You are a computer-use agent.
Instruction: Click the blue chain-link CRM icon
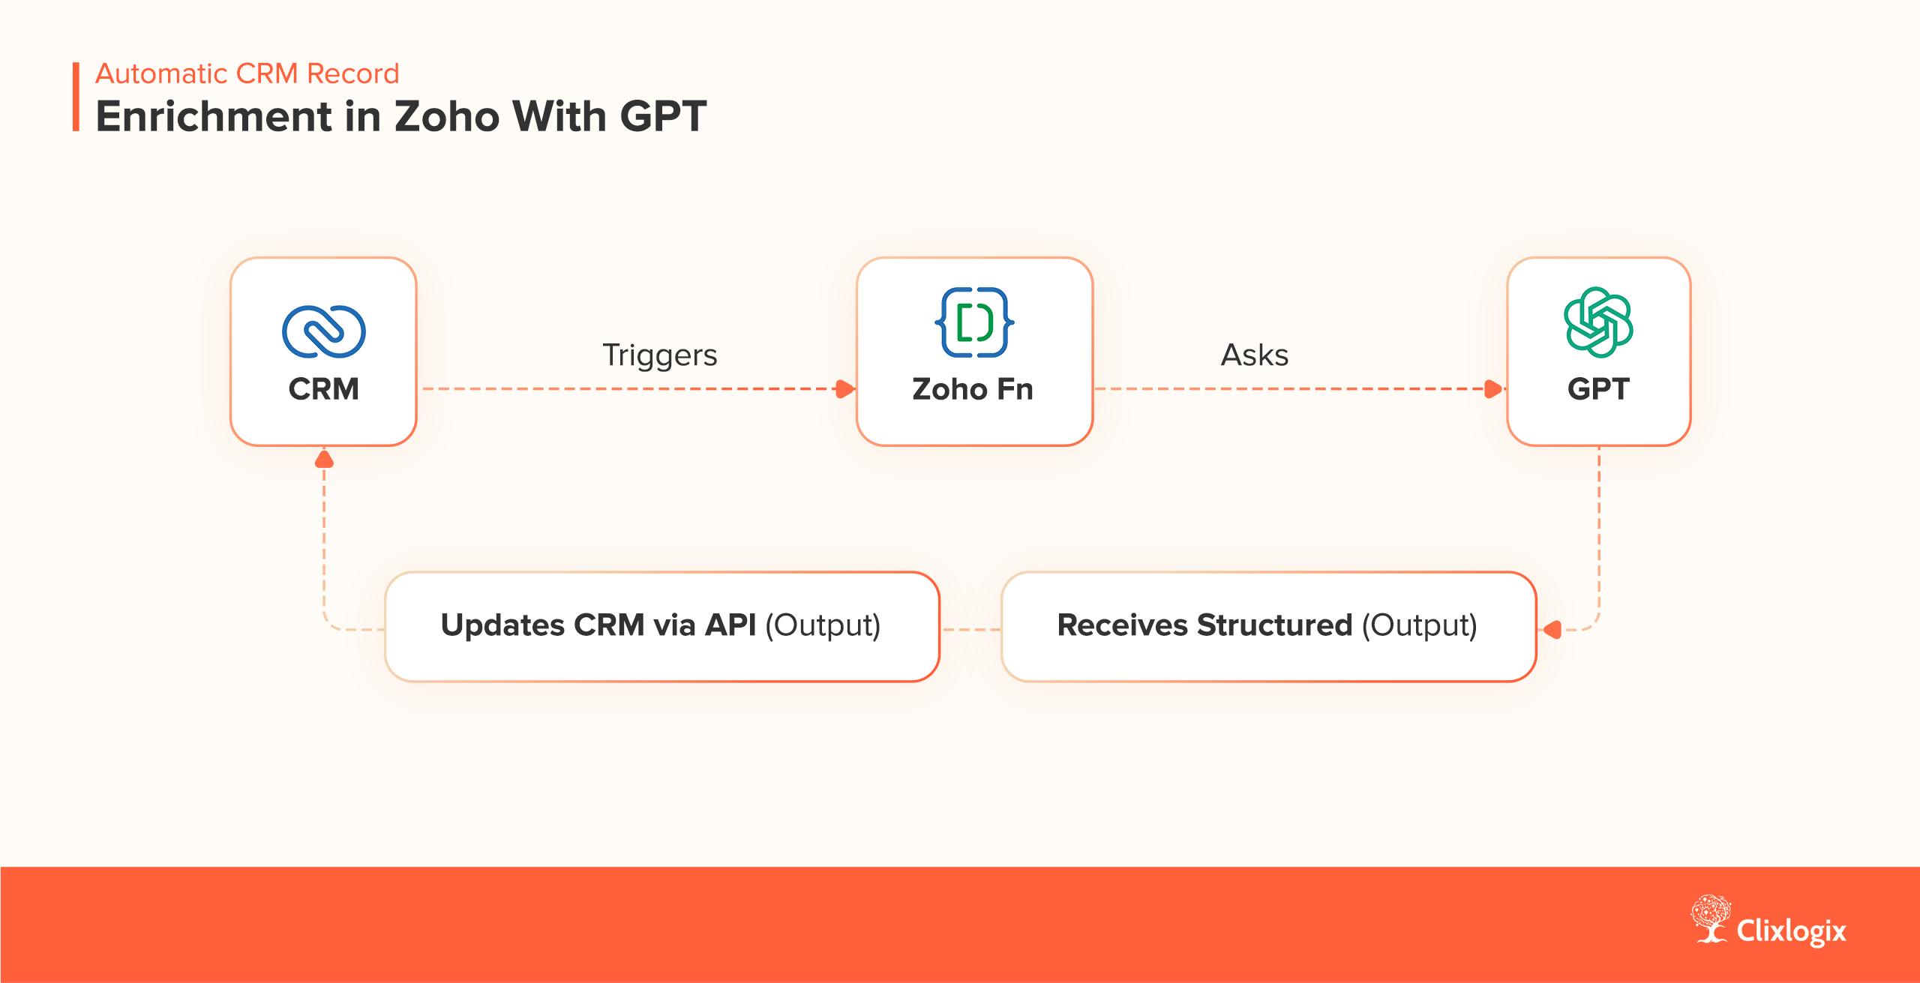pos(324,331)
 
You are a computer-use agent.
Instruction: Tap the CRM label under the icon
pos(324,389)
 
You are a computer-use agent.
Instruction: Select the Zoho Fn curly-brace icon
pos(974,322)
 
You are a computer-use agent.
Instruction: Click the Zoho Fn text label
pos(973,389)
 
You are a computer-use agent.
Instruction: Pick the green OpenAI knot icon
pos(1598,322)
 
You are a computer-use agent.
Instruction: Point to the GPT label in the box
pos(1598,389)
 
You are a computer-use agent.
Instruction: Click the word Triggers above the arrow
pos(660,355)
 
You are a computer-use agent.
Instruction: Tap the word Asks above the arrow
pos(1255,355)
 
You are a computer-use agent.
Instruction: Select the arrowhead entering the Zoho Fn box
pos(845,388)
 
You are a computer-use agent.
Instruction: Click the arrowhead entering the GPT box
pos(1494,388)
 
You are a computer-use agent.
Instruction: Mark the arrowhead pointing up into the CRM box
pos(324,459)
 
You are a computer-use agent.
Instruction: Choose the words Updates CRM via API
pos(598,625)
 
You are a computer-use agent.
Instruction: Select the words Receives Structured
pos(1204,625)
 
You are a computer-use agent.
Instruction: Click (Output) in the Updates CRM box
pos(823,625)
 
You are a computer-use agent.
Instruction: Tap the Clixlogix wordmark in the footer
pos(1791,931)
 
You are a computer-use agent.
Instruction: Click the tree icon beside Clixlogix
pos(1711,918)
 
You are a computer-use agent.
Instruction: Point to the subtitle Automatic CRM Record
pos(247,73)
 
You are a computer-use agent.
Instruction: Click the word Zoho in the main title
pos(447,117)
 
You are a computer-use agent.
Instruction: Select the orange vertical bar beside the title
pos(76,97)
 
